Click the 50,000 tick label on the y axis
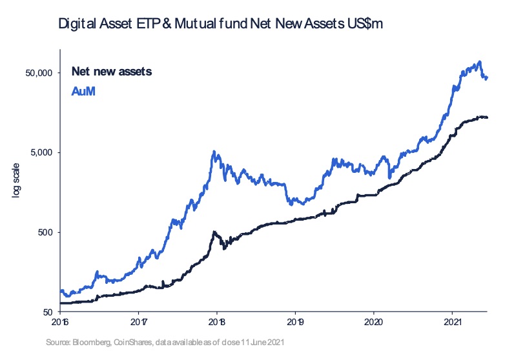coord(39,73)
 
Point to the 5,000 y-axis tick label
coord(41,152)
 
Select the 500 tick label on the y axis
coord(43,232)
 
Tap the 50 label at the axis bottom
coord(46,312)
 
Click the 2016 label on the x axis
coord(60,321)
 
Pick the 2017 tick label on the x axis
coord(139,321)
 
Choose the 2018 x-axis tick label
coord(217,321)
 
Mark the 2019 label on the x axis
coord(296,321)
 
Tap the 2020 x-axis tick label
coord(375,321)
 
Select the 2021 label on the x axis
coord(453,321)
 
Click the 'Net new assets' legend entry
coord(111,71)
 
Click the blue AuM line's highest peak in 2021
coord(479,62)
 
